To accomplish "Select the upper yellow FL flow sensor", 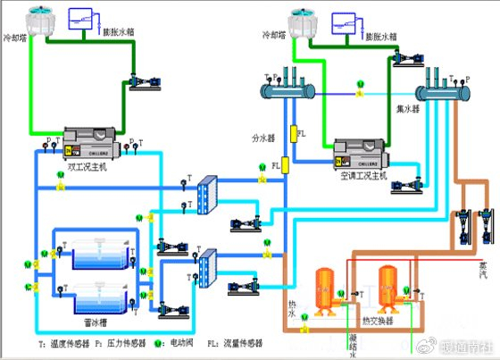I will (x=289, y=133).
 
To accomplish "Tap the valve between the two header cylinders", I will (x=360, y=87).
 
